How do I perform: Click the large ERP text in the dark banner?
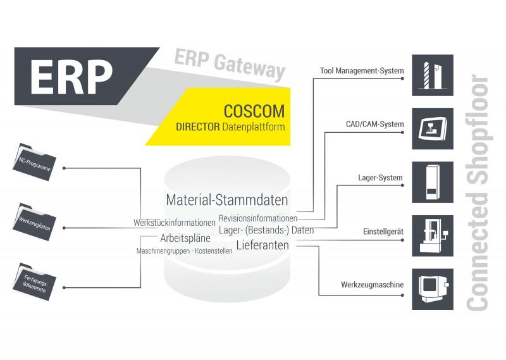click(x=71, y=77)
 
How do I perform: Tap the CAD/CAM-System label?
click(x=374, y=124)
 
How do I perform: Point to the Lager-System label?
click(x=380, y=178)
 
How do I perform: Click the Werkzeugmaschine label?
click(x=373, y=285)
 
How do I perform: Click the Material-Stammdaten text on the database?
click(x=226, y=200)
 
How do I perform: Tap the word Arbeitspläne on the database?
click(x=185, y=239)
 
